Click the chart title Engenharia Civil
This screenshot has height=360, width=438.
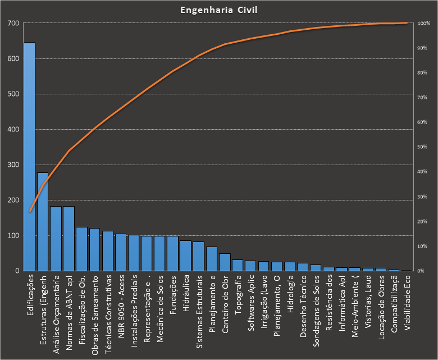pyautogui.click(x=218, y=10)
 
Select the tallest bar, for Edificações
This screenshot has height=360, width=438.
pyautogui.click(x=29, y=157)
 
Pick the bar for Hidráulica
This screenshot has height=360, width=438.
pyautogui.click(x=186, y=256)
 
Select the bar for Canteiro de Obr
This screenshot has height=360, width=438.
pyautogui.click(x=225, y=262)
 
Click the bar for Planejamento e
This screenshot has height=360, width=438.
pyautogui.click(x=212, y=259)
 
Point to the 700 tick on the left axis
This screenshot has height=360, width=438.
pyautogui.click(x=13, y=23)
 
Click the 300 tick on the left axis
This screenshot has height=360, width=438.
pyautogui.click(x=13, y=165)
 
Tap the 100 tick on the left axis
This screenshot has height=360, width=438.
pyautogui.click(x=13, y=235)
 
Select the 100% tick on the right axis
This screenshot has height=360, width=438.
pyautogui.click(x=423, y=23)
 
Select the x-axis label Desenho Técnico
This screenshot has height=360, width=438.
pyautogui.click(x=303, y=304)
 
